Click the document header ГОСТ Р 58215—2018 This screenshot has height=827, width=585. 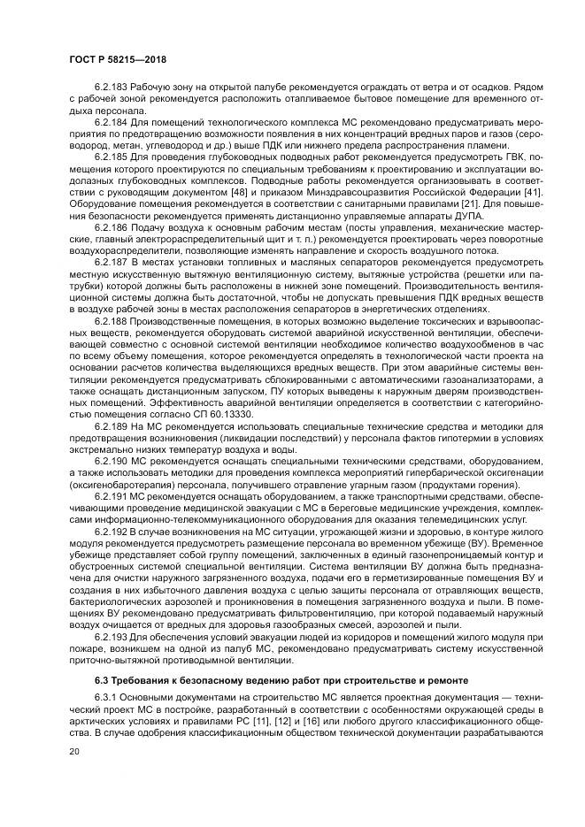(x=117, y=59)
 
